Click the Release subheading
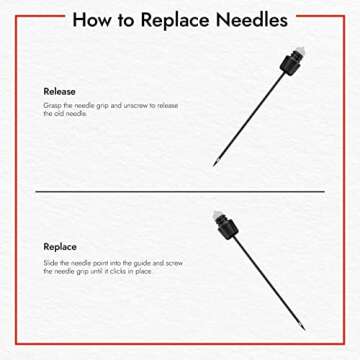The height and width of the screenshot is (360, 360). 59,91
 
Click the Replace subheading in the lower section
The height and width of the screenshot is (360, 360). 60,247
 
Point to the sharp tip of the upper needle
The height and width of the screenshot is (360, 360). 214,166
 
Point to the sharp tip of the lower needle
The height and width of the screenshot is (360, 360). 304,330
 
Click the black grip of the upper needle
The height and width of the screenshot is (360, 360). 290,63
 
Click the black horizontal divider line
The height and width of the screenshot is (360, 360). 180,192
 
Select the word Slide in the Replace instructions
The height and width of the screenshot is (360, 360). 51,263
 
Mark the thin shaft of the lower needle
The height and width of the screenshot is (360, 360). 268,283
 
